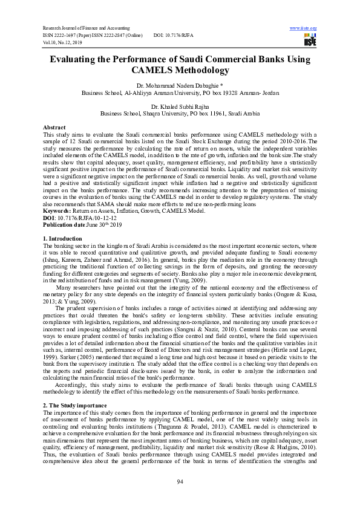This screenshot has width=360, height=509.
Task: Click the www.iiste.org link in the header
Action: [x=303, y=28]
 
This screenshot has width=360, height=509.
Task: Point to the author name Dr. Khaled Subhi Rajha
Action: [x=180, y=106]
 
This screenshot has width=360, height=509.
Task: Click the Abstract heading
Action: [x=54, y=128]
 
